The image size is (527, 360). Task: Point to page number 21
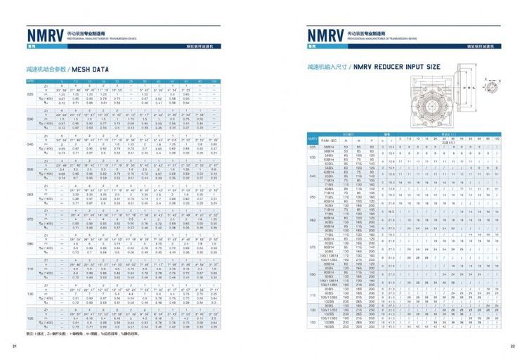13,346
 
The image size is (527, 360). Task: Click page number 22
512,346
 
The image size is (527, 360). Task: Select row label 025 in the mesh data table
30,94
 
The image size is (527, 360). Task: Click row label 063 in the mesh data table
30,193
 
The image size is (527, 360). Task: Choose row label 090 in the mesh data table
30,243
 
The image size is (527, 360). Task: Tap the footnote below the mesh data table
77,332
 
